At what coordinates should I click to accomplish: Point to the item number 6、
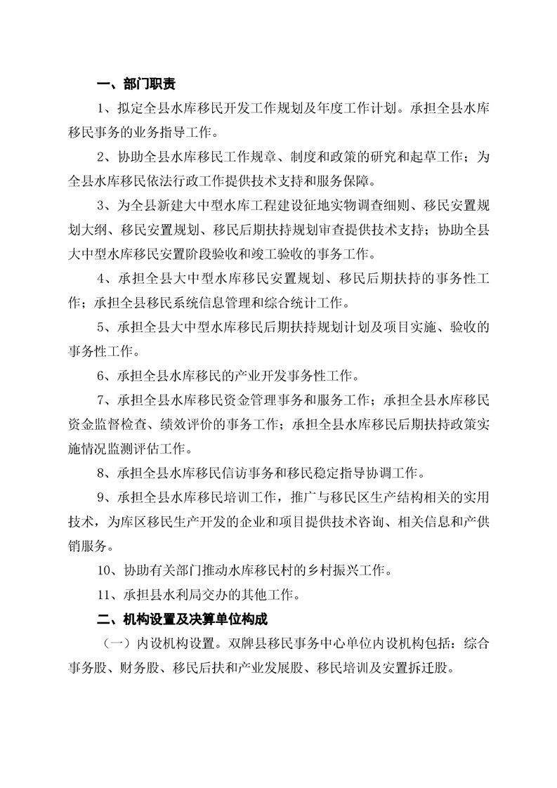[x=107, y=374]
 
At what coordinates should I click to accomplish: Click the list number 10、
[x=110, y=570]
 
